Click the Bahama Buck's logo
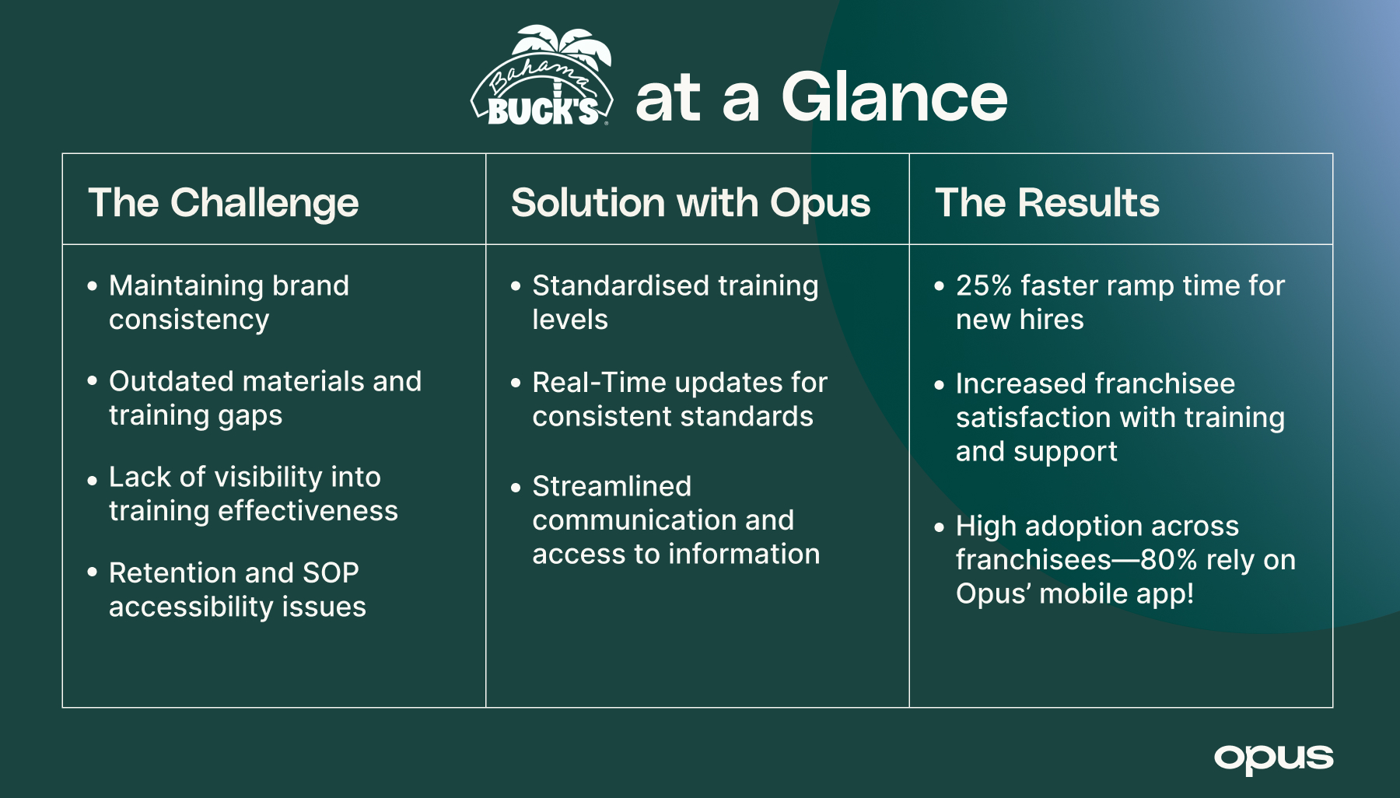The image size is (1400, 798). pos(543,78)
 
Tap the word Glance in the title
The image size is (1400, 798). pos(894,98)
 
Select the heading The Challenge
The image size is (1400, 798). pos(223,203)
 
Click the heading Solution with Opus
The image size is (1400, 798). pos(691,203)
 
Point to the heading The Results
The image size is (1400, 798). pos(1047,203)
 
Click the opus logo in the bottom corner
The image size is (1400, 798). pos(1273,758)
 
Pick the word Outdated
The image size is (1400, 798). pos(170,382)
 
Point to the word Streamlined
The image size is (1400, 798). pos(611,487)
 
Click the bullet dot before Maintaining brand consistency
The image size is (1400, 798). pos(93,286)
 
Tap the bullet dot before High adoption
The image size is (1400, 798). pos(940,527)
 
